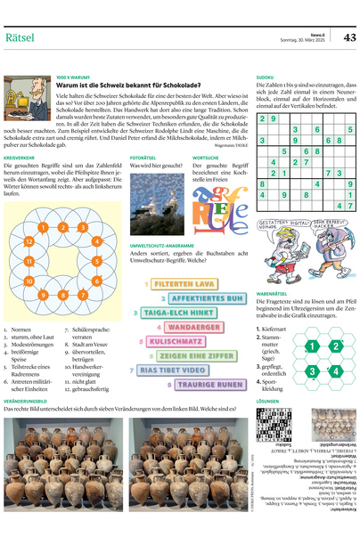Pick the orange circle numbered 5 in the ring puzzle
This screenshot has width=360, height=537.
click(96, 261)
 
